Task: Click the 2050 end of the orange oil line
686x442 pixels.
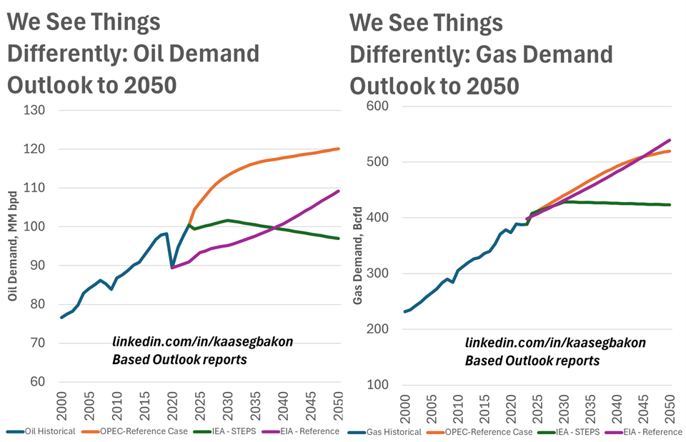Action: point(338,149)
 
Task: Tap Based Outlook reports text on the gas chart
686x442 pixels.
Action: point(532,361)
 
